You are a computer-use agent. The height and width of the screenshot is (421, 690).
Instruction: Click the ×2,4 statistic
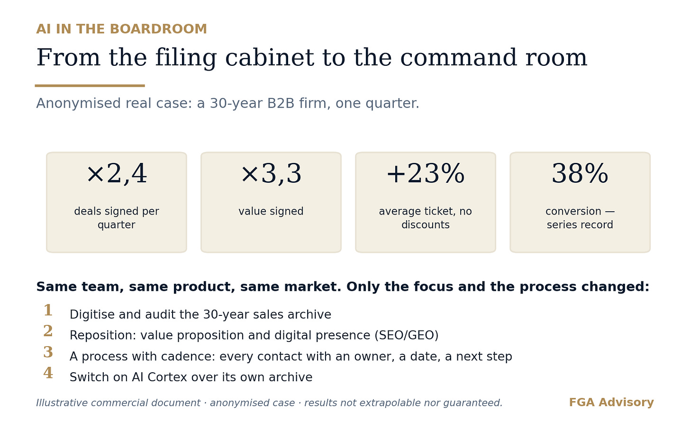(117, 174)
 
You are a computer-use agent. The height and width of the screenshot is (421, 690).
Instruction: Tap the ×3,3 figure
(271, 174)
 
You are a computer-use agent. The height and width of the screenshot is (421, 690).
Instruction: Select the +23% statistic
(426, 174)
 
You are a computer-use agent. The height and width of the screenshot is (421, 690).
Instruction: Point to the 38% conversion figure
(580, 174)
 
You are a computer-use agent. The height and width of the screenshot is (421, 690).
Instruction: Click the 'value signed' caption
(271, 211)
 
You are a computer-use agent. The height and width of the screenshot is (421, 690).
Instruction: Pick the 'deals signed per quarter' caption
(117, 218)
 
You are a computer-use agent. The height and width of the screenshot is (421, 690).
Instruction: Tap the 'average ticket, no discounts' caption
(426, 218)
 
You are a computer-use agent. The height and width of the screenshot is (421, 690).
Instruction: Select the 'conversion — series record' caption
(580, 218)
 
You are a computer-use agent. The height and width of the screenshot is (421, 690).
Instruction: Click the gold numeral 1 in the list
(48, 310)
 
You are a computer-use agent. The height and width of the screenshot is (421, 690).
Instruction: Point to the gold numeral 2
(48, 331)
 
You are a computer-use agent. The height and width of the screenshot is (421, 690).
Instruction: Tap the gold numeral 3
(48, 352)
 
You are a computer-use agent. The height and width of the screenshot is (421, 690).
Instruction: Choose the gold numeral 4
(48, 373)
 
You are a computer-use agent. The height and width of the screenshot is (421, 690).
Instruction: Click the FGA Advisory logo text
(611, 403)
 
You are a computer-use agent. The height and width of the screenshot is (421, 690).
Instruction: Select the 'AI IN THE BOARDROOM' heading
(122, 29)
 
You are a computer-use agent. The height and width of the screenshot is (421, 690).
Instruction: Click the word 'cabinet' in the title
(270, 58)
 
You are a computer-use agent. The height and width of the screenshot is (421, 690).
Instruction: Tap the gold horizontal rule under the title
(90, 86)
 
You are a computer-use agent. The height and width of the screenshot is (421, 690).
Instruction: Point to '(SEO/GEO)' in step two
(407, 335)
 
